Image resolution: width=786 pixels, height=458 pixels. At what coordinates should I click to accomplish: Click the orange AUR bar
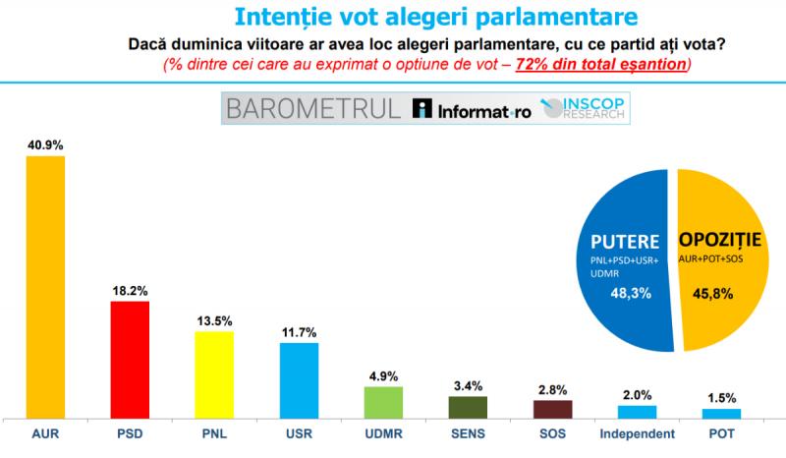tap(45, 285)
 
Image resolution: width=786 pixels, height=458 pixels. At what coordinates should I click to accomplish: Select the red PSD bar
tap(130, 359)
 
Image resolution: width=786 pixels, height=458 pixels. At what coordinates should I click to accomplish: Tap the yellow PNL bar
tap(214, 373)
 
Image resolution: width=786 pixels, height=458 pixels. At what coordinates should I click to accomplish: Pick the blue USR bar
tap(299, 379)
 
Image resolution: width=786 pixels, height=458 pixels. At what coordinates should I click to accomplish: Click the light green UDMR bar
tap(383, 401)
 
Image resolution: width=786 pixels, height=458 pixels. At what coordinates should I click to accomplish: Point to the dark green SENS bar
tap(468, 406)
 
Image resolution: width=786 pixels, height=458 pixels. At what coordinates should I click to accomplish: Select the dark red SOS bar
tap(552, 408)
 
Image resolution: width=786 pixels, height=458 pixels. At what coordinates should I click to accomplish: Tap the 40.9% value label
tap(45, 144)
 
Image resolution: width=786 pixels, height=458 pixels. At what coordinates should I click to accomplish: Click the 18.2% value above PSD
tap(130, 291)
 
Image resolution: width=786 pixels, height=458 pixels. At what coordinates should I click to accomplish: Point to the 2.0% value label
tap(637, 395)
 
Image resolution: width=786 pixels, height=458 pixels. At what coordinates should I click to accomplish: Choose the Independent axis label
tap(637, 433)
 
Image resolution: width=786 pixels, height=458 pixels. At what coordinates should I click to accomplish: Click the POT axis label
tap(721, 433)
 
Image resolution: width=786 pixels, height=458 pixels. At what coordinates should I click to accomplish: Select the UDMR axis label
tap(383, 433)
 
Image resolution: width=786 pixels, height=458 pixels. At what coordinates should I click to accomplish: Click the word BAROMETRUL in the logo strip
tap(312, 109)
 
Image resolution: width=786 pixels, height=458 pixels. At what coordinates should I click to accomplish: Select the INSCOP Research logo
tap(588, 109)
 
